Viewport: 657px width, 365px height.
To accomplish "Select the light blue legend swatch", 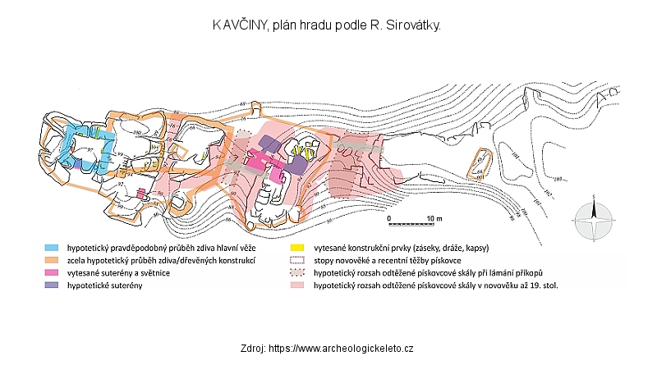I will pos(51,246).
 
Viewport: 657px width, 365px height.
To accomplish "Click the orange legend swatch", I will pos(51,259).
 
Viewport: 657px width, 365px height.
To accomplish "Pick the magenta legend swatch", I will pos(51,272).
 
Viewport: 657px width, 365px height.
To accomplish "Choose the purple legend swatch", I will pos(51,285).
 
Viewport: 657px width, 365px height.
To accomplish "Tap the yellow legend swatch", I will pos(296,246).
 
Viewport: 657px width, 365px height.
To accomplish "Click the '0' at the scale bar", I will pos(390,217).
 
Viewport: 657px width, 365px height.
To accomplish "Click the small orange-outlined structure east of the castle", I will pos(478,163).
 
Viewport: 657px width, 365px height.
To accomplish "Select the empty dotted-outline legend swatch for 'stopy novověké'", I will pos(296,259).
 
